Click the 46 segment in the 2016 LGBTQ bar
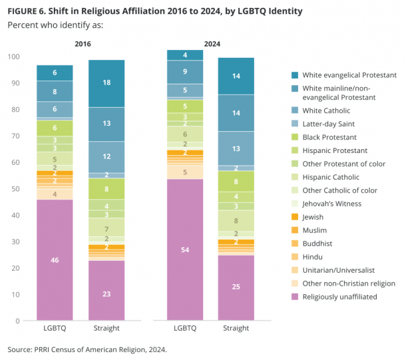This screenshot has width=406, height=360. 55,260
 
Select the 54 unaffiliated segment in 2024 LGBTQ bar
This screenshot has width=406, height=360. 185,250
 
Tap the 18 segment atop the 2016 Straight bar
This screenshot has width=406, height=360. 106,83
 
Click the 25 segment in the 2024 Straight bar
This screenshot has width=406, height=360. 236,287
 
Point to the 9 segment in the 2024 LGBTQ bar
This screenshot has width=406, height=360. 185,71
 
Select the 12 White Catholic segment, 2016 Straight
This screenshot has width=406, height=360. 106,157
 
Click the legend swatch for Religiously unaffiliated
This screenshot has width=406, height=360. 294,296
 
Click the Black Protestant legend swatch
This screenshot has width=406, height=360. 294,138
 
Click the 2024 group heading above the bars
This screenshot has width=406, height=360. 211,45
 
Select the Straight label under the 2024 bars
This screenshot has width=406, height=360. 236,328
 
